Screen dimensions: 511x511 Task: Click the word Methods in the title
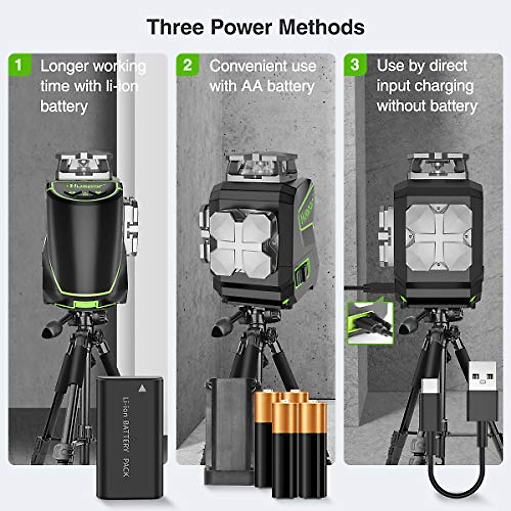[x=322, y=27]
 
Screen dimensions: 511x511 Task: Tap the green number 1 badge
[x=18, y=65]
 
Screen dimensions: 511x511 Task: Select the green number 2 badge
[x=187, y=65]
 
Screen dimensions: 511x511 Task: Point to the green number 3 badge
[x=355, y=65]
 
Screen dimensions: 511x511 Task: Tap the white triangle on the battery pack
[x=142, y=388]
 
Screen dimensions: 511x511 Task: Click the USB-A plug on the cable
[x=482, y=392]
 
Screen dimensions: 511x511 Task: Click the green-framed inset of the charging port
[x=370, y=322]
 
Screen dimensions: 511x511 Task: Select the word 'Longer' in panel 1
[x=64, y=66]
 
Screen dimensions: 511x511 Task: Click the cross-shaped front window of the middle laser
[x=242, y=244]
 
